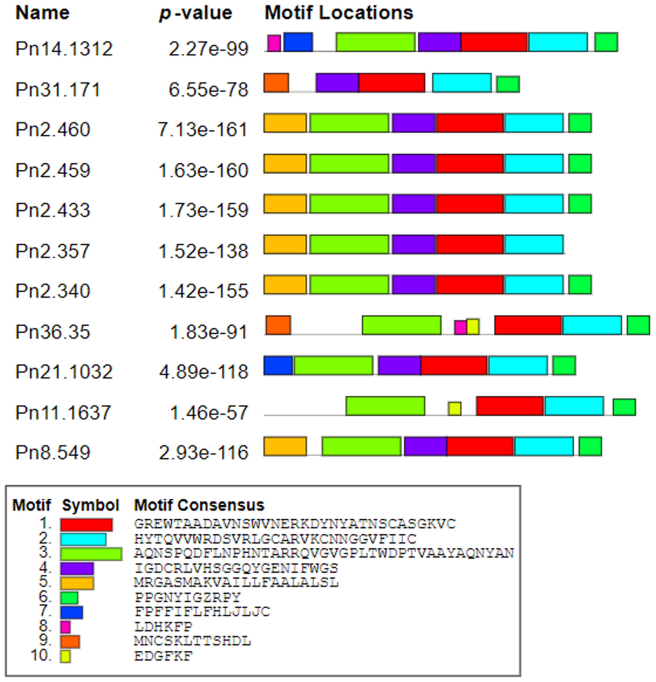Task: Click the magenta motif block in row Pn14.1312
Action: [274, 43]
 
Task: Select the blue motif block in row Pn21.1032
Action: [278, 365]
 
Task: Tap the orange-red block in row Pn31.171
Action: [276, 83]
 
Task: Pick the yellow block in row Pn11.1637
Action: [455, 408]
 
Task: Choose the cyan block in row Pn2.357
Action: [534, 244]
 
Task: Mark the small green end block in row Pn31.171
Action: [508, 84]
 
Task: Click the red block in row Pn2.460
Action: [470, 123]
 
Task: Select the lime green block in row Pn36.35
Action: [402, 325]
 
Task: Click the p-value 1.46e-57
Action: [209, 413]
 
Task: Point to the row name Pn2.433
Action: [53, 210]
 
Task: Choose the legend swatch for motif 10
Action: [65, 656]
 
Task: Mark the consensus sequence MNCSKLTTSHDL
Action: [192, 641]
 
